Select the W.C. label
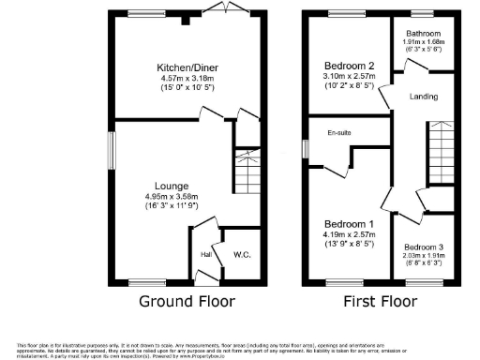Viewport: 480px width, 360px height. click(242, 253)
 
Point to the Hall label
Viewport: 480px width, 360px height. click(205, 253)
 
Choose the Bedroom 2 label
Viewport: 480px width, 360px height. click(348, 65)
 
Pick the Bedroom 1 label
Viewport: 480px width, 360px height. click(348, 225)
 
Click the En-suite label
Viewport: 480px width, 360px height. click(338, 134)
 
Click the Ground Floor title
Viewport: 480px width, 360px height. click(187, 302)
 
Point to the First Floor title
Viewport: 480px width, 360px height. click(378, 302)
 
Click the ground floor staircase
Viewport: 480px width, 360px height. click(245, 174)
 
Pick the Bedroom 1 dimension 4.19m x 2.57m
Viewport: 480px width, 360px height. click(348, 236)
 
